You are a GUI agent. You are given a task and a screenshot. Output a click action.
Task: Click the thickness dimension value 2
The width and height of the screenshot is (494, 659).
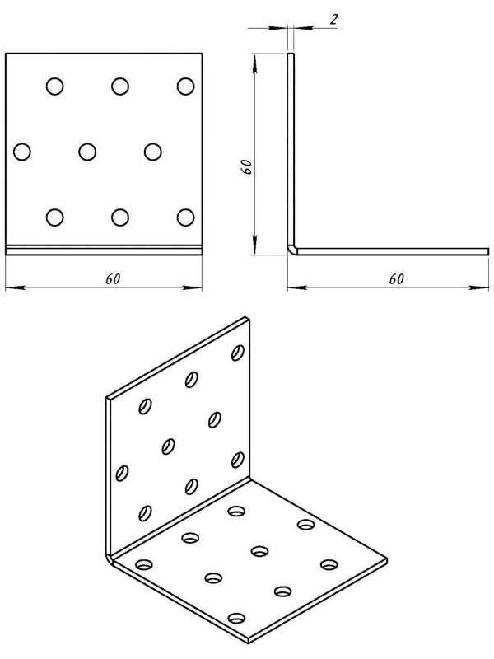(x=333, y=19)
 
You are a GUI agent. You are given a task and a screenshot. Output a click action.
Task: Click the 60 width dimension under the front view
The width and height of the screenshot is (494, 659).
(x=113, y=279)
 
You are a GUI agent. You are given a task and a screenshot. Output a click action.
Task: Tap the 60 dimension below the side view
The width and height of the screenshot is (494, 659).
(x=397, y=279)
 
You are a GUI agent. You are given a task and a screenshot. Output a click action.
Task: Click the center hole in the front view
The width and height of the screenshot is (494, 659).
(x=87, y=152)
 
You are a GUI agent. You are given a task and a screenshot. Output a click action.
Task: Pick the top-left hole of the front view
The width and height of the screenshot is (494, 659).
(x=54, y=86)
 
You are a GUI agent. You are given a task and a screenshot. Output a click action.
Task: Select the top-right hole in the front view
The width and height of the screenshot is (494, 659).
(x=186, y=86)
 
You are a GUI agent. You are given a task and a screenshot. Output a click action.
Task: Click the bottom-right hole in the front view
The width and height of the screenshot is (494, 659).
(x=186, y=217)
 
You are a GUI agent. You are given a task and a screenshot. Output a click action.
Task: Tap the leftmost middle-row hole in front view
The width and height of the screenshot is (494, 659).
(x=22, y=152)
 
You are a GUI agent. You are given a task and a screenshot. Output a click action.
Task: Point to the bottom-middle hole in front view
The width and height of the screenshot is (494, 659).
(x=120, y=217)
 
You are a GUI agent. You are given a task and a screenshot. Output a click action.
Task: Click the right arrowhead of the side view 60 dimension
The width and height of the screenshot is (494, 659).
(x=479, y=287)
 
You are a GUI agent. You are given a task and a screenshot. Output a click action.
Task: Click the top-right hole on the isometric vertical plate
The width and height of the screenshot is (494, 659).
(x=238, y=353)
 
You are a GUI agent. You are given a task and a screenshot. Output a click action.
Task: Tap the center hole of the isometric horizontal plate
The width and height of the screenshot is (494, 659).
(x=260, y=550)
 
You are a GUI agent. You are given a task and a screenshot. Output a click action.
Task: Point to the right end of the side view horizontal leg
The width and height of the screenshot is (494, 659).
(x=488, y=251)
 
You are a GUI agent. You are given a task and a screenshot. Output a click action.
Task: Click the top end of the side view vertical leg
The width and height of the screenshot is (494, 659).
(x=291, y=54)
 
